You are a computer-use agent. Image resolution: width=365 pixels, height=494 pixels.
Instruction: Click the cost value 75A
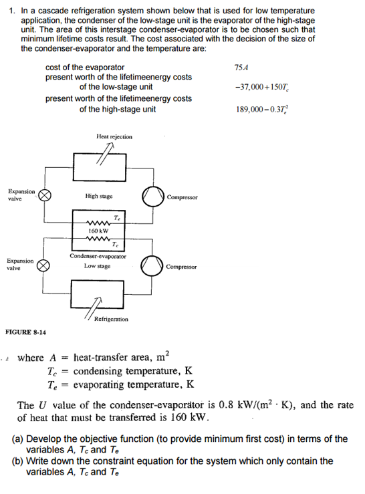241,68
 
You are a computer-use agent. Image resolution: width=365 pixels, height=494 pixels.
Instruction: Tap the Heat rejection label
114,136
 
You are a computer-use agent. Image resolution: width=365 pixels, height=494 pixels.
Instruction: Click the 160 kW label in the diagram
98,231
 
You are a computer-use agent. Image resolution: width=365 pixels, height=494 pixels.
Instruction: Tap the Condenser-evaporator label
98,257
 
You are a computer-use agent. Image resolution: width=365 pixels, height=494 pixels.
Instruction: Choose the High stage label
99,197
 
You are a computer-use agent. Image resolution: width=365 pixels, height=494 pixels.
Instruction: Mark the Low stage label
98,266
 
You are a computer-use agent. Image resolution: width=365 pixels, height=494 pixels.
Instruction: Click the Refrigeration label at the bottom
111,320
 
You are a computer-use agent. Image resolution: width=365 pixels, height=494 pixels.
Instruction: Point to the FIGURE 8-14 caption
26,332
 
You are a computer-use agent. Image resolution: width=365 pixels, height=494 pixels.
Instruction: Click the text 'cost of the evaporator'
85,68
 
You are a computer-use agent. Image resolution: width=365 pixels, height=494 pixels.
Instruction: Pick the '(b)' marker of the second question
18,461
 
